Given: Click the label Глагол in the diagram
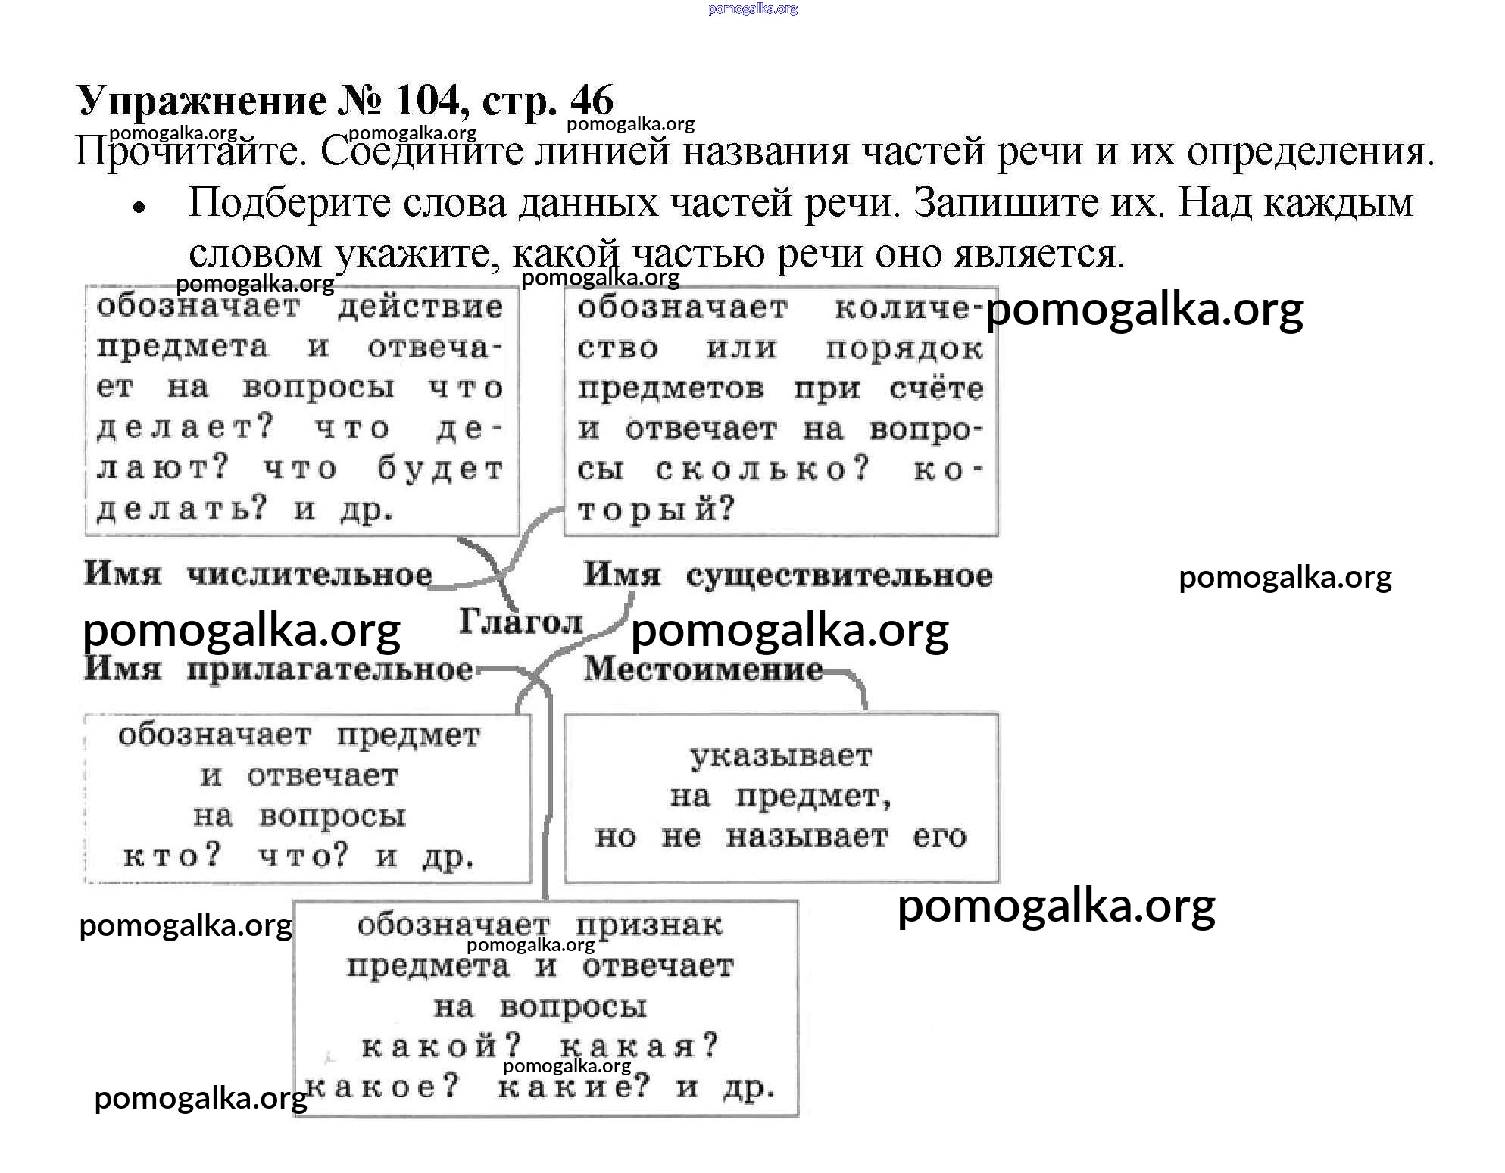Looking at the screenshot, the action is tap(521, 622).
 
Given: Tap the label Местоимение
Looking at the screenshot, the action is tap(703, 669).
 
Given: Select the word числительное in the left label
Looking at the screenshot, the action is tap(310, 575).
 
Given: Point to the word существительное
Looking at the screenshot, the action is tap(839, 576).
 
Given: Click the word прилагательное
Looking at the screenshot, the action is tap(330, 670).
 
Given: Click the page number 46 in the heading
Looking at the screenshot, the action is tap(592, 100).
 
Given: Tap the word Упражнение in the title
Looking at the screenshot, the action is tap(201, 101).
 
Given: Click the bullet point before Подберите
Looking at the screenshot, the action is tap(138, 207).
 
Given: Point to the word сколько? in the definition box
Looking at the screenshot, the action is tap(763, 470).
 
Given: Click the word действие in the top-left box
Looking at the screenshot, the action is tap(420, 307).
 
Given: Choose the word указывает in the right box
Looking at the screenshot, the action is tap(781, 757).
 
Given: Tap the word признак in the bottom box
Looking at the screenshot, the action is tap(649, 925).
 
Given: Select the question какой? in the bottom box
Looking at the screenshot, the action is tap(442, 1047).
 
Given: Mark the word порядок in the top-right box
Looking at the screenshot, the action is tap(904, 348).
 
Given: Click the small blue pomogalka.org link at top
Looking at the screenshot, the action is tap(753, 8).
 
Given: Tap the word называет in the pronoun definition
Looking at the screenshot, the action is tap(807, 836).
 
